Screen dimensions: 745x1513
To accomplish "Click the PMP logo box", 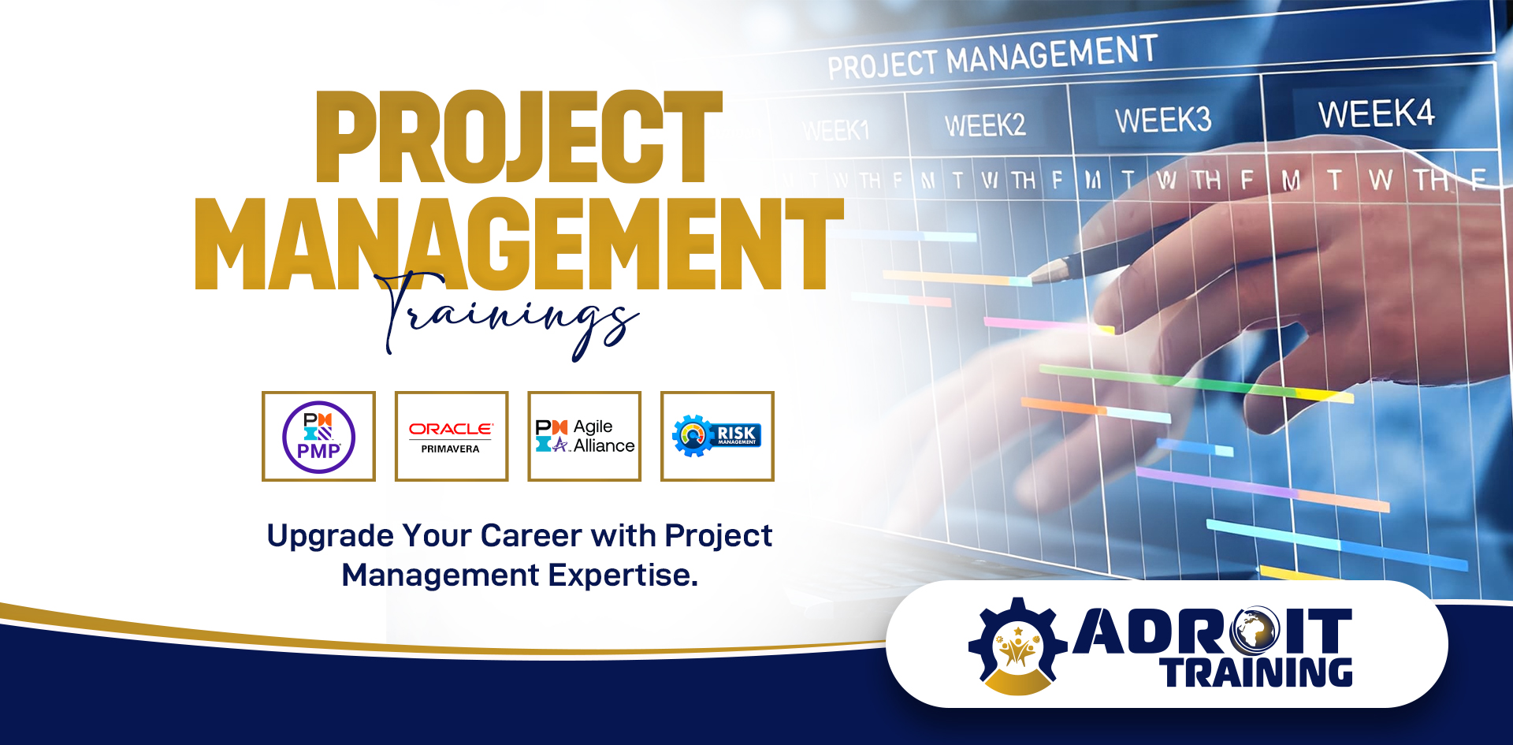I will pos(318,436).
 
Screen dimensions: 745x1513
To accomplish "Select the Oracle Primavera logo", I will pos(451,436).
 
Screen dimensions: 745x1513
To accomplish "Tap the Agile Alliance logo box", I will pos(584,436).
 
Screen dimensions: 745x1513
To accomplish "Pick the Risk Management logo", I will pos(717,436).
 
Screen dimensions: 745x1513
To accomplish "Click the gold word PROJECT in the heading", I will pos(519,137).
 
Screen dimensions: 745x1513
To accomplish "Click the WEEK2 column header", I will pos(985,125).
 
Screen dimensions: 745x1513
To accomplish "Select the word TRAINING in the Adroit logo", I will pos(1256,672).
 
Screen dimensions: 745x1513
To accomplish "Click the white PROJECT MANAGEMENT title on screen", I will pos(992,58).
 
